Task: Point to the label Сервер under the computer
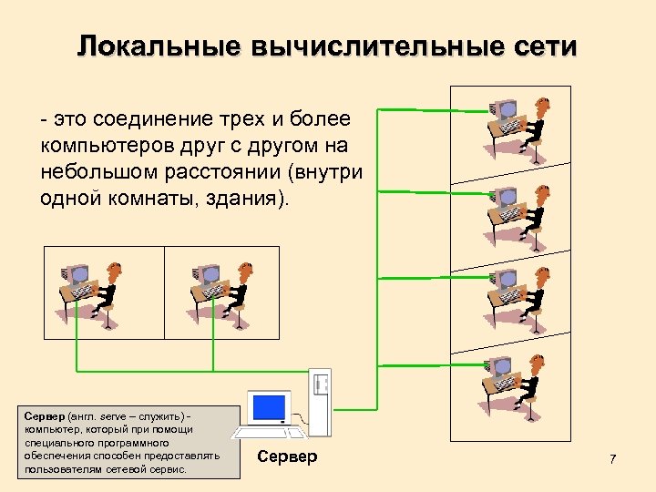coord(287,456)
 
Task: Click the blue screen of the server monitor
coord(270,405)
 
